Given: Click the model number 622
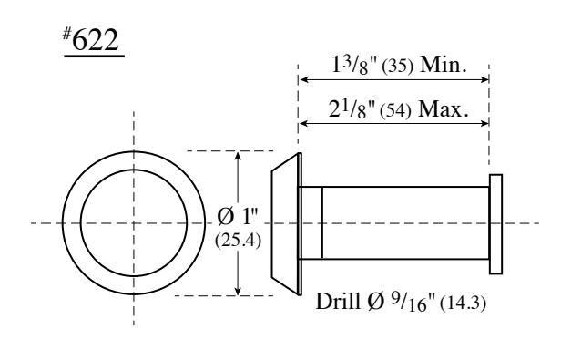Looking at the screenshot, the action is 96,40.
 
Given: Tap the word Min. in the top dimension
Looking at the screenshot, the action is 444,65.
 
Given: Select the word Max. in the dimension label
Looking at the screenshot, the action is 444,109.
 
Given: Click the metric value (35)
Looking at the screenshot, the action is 398,67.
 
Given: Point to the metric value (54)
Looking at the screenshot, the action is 395,111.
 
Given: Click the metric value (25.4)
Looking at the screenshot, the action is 238,241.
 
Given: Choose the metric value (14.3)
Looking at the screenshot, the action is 463,303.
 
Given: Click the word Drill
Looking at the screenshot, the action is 338,302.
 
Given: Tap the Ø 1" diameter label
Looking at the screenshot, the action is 238,216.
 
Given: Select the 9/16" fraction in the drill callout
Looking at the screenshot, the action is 413,302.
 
